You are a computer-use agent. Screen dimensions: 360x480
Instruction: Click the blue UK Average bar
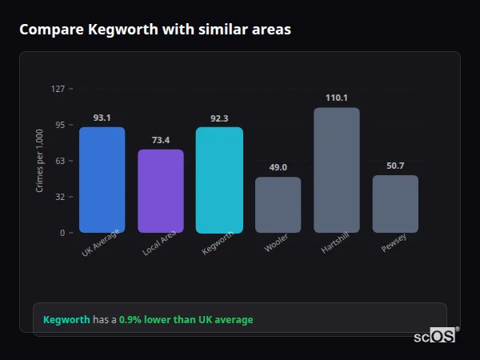102,180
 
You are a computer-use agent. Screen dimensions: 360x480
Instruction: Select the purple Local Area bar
161,191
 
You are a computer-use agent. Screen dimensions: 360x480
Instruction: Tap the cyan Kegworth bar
219,180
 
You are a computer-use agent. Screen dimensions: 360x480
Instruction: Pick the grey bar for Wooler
278,205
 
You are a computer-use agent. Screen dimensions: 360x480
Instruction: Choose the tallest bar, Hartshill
337,170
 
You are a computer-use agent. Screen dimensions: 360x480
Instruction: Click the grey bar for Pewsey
395,204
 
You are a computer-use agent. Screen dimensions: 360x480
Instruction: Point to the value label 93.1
102,118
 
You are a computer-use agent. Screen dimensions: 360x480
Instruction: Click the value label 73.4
161,140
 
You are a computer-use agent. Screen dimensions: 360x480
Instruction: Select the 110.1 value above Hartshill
337,98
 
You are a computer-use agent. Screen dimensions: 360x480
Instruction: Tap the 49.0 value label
278,167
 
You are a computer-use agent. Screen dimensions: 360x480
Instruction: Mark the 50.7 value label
395,166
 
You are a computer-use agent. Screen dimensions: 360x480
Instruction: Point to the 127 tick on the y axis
58,89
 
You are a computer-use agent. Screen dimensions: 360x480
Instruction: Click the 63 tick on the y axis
59,161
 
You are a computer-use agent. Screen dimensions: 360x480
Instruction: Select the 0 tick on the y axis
62,233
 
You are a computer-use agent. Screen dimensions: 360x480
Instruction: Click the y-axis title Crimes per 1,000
39,160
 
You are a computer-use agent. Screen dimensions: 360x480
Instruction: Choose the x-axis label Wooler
275,246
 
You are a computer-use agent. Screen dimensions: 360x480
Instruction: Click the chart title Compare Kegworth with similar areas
155,30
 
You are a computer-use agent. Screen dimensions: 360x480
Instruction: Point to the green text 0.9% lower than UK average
186,320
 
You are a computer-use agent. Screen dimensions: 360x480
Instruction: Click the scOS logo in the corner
435,336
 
